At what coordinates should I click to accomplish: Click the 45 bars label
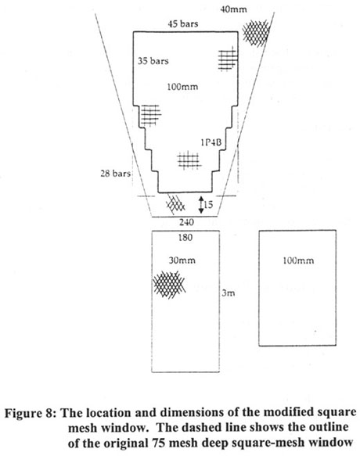[182, 24]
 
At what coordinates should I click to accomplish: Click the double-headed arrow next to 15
[202, 205]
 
